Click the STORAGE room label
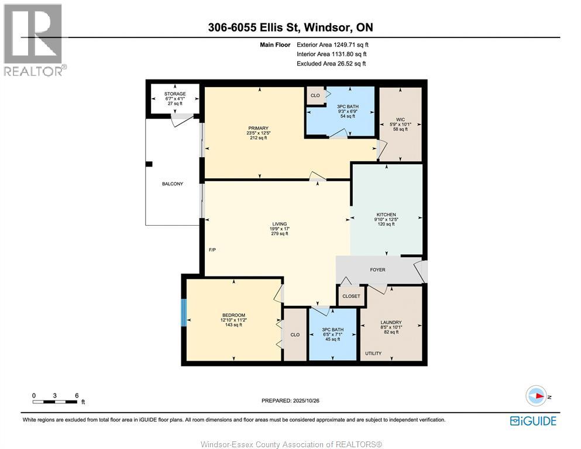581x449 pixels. (x=175, y=94)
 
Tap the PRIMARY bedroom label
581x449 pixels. (x=258, y=128)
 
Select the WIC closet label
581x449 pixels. (x=401, y=119)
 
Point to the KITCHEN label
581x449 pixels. (x=386, y=215)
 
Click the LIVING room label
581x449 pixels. (x=279, y=224)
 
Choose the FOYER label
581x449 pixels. (x=377, y=270)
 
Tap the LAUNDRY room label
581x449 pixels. (x=390, y=322)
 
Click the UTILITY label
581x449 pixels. (x=373, y=354)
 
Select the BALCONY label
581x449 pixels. (x=173, y=184)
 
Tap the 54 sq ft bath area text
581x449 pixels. (x=348, y=116)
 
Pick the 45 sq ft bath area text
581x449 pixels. (x=331, y=339)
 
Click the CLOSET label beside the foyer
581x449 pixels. (x=351, y=296)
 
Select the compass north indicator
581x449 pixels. (x=536, y=396)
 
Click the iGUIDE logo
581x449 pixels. (x=533, y=421)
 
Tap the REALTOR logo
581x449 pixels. (x=35, y=40)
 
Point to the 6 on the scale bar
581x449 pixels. (x=77, y=395)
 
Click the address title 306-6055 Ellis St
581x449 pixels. (x=290, y=27)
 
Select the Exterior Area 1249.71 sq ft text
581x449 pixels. (x=333, y=44)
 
